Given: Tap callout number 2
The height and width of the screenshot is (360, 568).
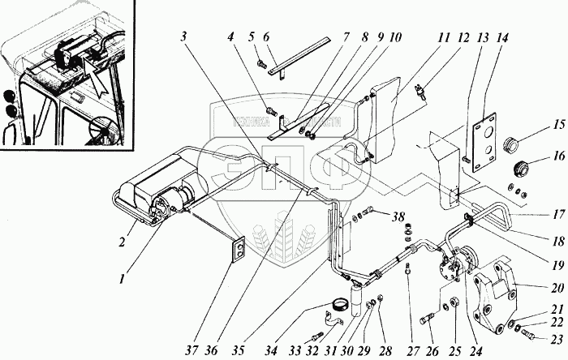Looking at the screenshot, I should coord(123,220).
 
